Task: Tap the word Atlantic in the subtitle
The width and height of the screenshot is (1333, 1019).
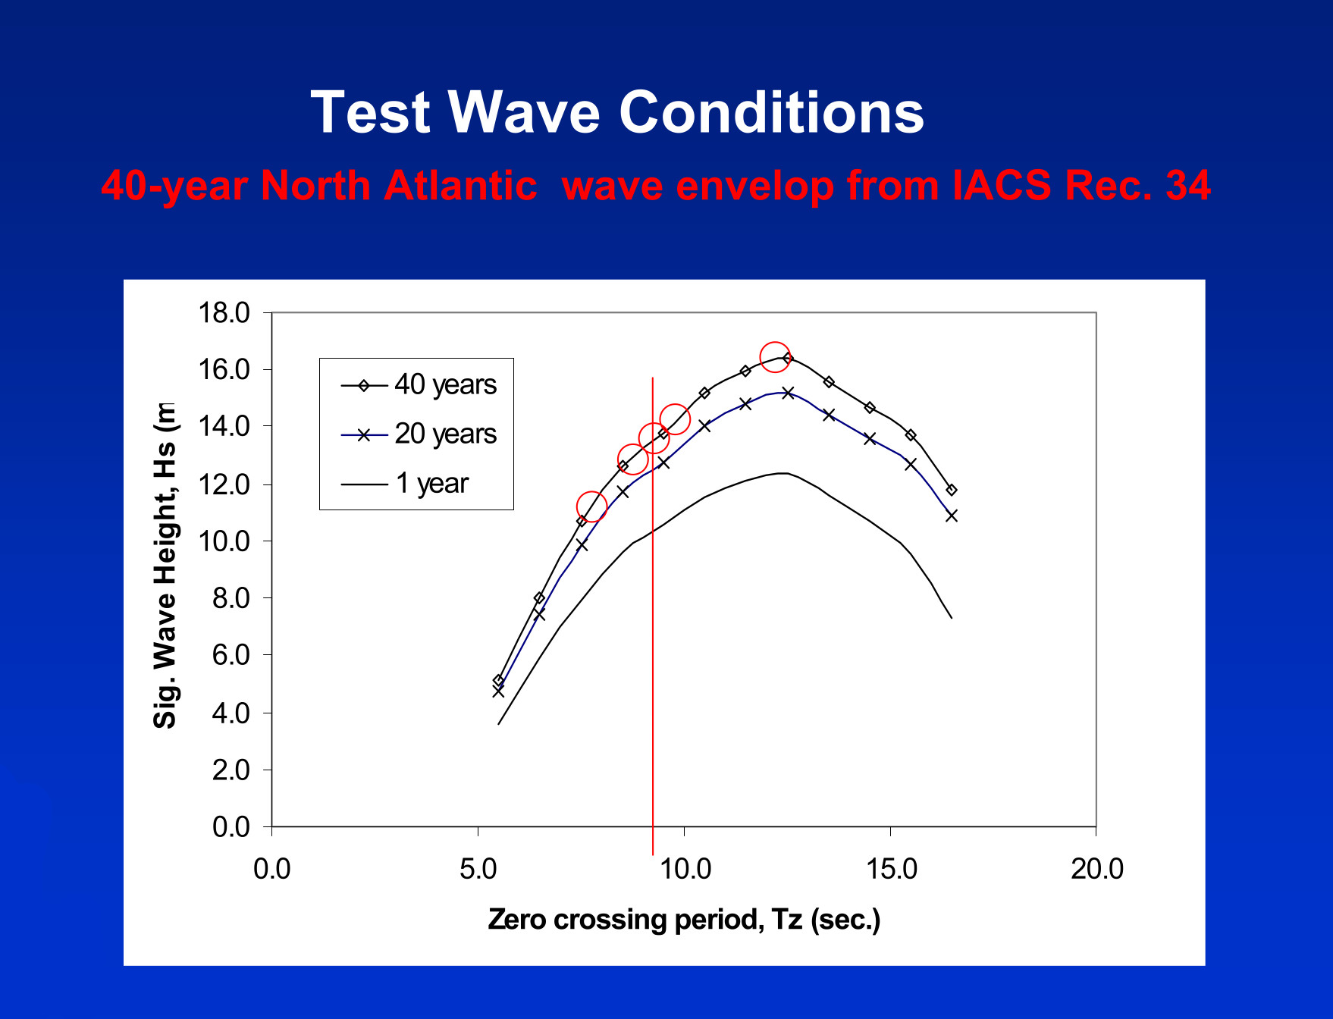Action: click(x=460, y=186)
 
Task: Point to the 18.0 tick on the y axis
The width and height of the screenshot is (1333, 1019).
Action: click(x=224, y=312)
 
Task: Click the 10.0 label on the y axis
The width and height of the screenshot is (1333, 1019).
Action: click(x=224, y=541)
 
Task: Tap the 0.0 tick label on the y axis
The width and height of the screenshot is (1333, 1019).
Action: click(x=231, y=826)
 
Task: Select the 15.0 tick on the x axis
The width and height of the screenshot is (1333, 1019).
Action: click(x=890, y=869)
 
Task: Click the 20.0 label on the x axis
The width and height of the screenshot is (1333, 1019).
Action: click(x=1096, y=869)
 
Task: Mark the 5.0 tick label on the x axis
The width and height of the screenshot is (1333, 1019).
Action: click(x=478, y=869)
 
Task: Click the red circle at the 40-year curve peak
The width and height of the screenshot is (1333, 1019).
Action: click(x=775, y=357)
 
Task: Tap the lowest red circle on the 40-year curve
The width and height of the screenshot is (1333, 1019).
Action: click(x=591, y=506)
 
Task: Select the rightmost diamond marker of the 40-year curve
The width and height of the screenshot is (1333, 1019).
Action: click(x=952, y=490)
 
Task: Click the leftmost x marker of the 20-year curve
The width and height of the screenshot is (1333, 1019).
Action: click(x=498, y=691)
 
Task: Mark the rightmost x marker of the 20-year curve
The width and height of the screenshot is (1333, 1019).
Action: click(x=952, y=516)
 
